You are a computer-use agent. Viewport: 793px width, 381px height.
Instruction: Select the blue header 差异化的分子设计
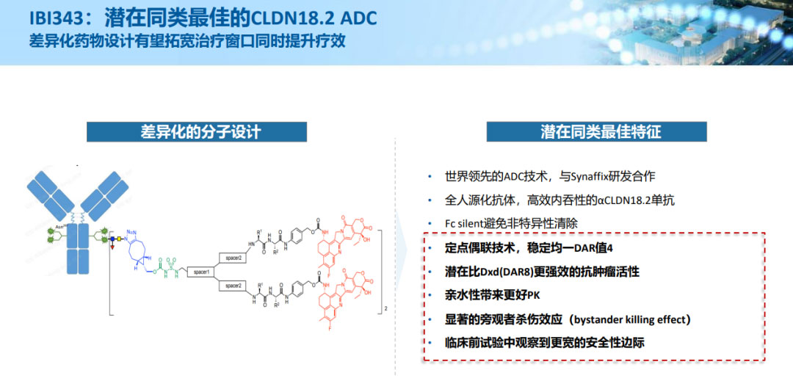200,132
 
